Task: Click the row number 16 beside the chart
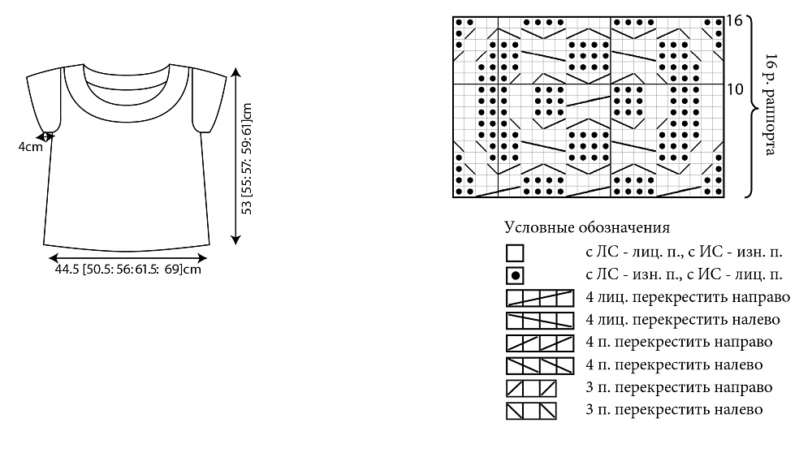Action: pos(734,21)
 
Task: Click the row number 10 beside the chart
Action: pos(734,89)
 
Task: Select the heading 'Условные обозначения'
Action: pos(587,227)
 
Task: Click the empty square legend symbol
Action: pos(515,253)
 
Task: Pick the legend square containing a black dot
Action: pos(515,276)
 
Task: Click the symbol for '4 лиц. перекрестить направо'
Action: pos(540,298)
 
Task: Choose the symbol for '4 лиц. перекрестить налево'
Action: pos(540,321)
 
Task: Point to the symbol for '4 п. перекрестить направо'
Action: pos(540,343)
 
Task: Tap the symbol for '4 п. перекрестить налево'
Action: pos(540,366)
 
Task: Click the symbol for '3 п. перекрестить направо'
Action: pos(531,388)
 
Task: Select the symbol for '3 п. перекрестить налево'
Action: pos(531,411)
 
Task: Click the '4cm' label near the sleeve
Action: pos(31,147)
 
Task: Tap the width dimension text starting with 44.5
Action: pos(128,270)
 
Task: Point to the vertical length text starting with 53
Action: pos(247,159)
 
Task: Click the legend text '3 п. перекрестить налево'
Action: pos(674,409)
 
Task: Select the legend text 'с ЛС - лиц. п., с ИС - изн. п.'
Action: pos(684,252)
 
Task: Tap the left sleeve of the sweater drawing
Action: pos(45,99)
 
